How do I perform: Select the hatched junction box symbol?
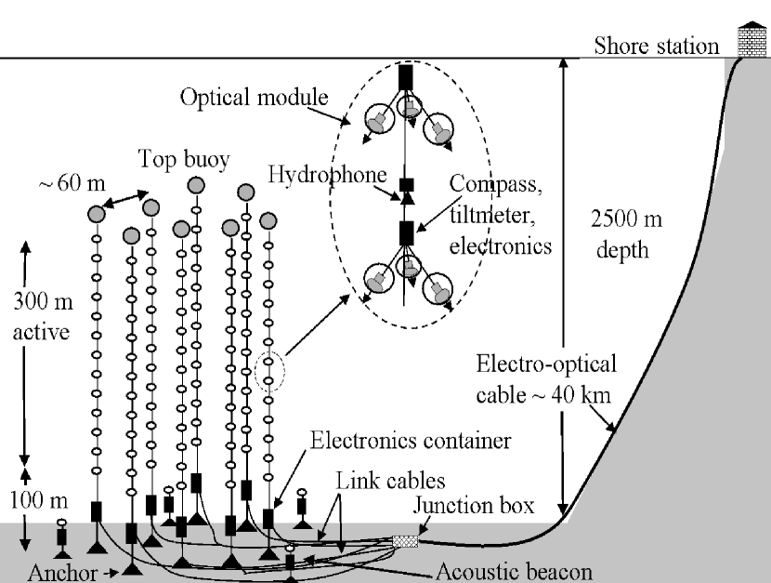coord(405,540)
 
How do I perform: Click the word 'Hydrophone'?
coord(316,175)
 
